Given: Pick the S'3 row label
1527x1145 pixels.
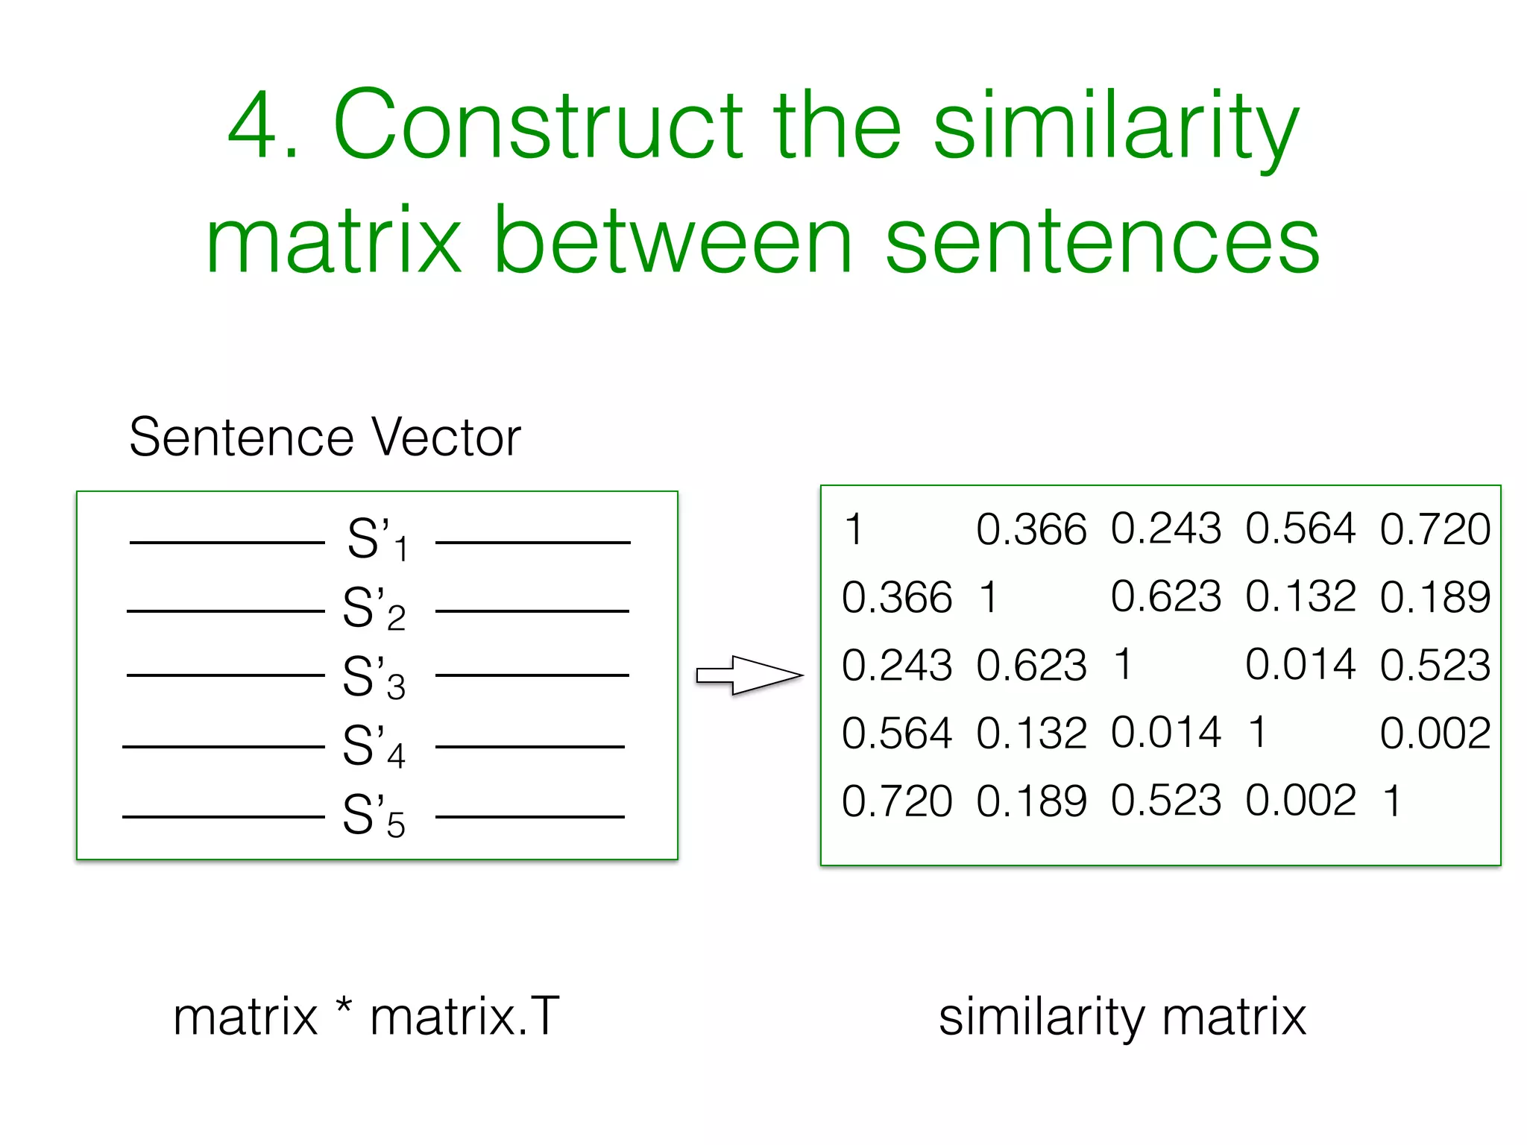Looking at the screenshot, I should (x=374, y=678).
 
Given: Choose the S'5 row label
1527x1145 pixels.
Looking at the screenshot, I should (x=374, y=816).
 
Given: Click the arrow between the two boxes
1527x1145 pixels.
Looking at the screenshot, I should (x=749, y=675).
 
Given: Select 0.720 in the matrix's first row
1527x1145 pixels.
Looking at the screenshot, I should (x=1435, y=530).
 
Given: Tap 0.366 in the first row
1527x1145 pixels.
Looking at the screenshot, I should (x=1031, y=530).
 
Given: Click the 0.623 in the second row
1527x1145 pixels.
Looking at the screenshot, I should (x=1165, y=597).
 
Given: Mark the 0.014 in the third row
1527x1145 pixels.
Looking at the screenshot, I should (x=1300, y=664).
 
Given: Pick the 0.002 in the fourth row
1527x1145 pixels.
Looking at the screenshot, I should (x=1435, y=733).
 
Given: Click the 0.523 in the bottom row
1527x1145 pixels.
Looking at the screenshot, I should (x=1165, y=801).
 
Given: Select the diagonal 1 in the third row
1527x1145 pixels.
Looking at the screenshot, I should (x=1123, y=664).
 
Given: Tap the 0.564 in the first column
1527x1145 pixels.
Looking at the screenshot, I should (x=897, y=733).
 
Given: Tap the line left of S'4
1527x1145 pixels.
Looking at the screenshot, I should (x=224, y=746).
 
